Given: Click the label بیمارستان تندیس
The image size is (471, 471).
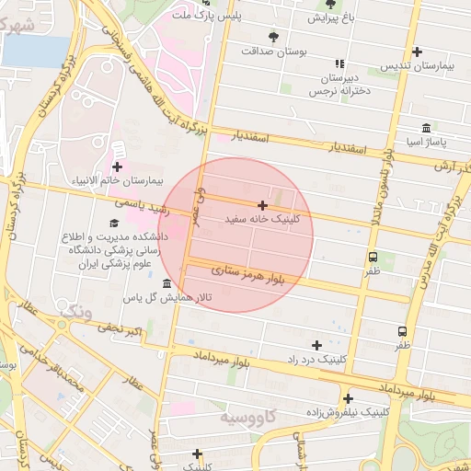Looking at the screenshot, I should (x=421, y=67).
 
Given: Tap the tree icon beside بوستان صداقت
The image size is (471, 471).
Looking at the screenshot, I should (x=273, y=36).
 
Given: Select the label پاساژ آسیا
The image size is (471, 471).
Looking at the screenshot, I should (x=426, y=143).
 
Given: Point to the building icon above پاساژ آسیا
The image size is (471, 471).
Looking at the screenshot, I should (x=425, y=128).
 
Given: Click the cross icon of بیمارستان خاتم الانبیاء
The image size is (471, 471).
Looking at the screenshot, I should (x=117, y=167).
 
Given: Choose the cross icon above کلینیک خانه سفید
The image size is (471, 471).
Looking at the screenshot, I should (x=263, y=205).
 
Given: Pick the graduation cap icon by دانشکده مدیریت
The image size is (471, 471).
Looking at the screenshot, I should (x=114, y=223).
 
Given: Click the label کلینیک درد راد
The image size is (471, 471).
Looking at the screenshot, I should (x=317, y=359).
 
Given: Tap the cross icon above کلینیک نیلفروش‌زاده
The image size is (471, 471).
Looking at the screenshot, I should (x=348, y=398).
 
